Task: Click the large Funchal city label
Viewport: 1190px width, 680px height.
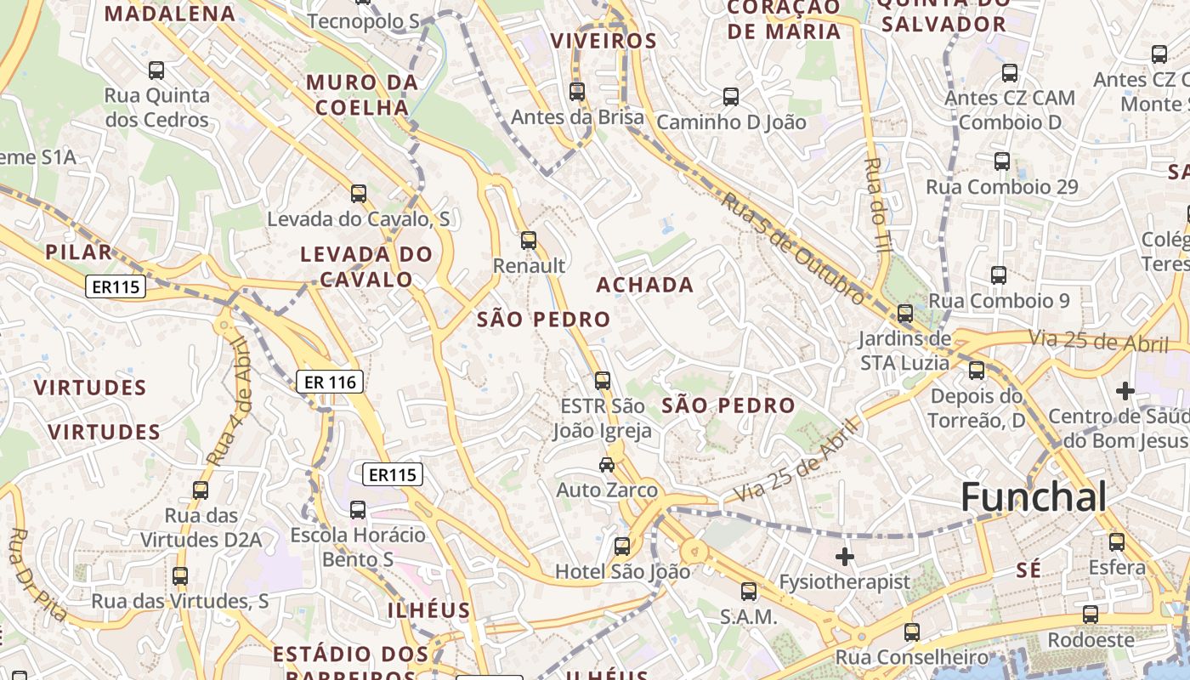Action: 1034,496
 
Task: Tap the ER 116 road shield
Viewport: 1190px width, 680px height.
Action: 331,382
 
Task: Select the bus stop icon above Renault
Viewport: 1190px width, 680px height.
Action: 529,241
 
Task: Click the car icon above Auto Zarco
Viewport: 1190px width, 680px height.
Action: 606,464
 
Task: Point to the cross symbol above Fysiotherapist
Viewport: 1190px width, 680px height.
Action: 844,557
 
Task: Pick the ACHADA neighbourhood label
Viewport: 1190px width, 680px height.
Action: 644,285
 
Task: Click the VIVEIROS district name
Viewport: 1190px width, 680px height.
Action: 603,41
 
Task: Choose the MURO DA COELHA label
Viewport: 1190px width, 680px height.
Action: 362,95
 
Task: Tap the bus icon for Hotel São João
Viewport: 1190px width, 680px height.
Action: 622,546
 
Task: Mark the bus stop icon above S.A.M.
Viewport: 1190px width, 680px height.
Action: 748,591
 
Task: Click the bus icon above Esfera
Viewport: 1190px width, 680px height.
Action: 1116,541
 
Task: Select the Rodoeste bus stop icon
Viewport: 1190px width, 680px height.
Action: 1090,614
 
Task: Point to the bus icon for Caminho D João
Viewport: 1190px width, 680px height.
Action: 730,96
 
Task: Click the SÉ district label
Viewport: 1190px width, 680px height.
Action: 1028,569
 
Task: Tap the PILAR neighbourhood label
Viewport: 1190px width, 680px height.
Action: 78,252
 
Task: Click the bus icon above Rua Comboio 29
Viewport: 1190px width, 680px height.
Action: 1002,161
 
